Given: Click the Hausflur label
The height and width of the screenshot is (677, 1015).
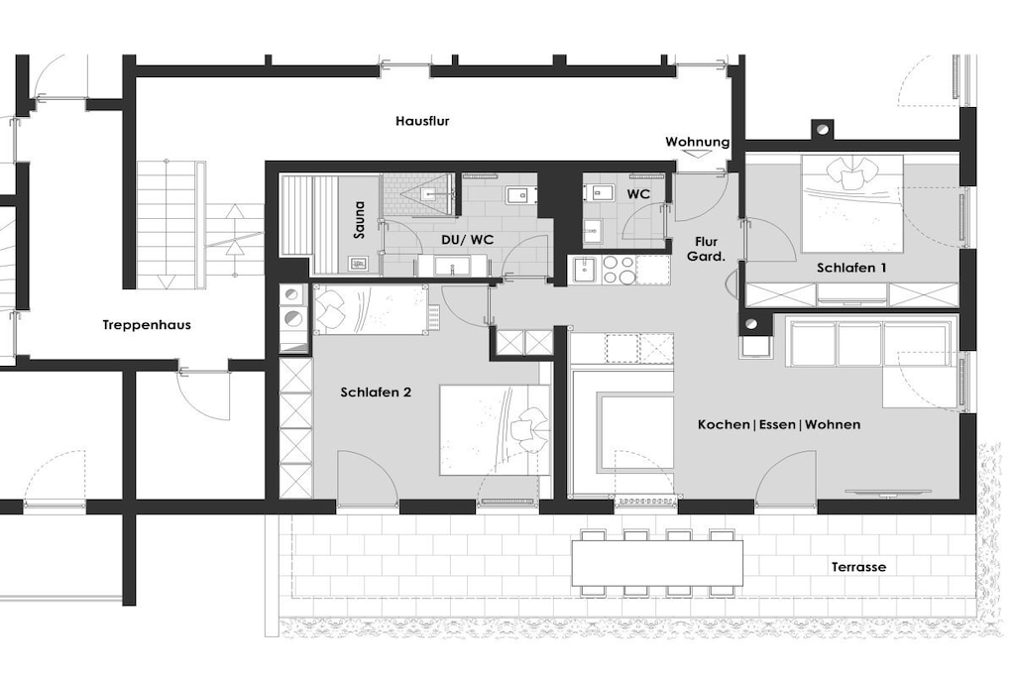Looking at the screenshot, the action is click(422, 121).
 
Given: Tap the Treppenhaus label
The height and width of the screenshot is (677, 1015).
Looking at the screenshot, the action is click(147, 325).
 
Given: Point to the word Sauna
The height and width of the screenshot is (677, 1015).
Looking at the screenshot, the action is click(359, 219).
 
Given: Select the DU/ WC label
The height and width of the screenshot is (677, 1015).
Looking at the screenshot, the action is click(468, 240).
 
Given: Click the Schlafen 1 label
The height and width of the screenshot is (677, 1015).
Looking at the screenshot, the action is click(851, 268).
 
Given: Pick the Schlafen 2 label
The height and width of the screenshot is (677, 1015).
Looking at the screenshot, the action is click(376, 393).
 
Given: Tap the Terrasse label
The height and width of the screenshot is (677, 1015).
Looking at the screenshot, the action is click(859, 567).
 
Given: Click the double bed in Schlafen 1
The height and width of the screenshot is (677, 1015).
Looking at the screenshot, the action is click(851, 203).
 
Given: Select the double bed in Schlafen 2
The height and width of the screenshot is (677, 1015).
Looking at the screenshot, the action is click(495, 430).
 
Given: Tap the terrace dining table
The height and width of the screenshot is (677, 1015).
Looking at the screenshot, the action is click(657, 563).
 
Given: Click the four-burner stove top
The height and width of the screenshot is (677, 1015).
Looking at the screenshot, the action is click(619, 270).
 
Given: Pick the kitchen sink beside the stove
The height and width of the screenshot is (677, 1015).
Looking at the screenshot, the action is click(585, 270).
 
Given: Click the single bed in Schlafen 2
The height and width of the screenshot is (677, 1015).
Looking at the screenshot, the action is click(371, 310).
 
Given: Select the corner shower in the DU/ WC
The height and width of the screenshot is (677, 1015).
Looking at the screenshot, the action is click(420, 193).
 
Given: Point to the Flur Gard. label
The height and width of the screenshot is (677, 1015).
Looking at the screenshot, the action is click(706, 249).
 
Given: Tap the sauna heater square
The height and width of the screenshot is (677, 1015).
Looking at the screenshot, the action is click(360, 264).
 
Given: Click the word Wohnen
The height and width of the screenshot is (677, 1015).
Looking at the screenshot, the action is click(833, 424).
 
